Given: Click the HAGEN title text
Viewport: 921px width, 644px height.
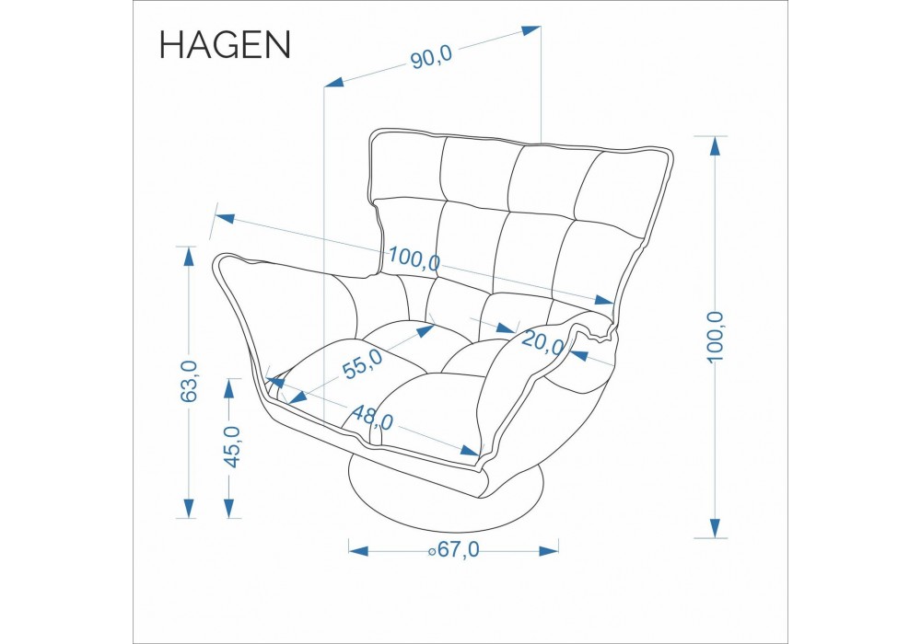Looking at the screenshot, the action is [x=225, y=44].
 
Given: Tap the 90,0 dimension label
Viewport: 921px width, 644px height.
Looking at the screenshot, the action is [x=431, y=57].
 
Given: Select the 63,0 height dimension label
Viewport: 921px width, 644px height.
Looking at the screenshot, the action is [x=189, y=381].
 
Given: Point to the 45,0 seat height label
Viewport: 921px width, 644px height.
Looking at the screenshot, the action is [x=233, y=447].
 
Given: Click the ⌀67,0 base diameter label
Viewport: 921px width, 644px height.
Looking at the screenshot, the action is [x=453, y=550].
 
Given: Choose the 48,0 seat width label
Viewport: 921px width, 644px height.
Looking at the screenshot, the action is [x=372, y=418].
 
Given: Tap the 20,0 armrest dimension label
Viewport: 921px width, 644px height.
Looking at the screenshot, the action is [x=542, y=342].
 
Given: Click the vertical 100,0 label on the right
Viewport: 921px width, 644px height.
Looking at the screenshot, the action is [x=716, y=337].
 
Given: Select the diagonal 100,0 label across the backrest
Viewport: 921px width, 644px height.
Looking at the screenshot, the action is [x=414, y=259].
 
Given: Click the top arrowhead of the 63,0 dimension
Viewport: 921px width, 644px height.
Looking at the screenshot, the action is [x=189, y=257].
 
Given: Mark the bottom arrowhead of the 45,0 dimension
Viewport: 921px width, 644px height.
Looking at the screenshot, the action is [x=229, y=508].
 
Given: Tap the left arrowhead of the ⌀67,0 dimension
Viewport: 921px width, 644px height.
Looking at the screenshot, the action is [x=358, y=551].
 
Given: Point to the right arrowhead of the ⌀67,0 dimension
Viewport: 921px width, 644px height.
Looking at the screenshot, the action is [x=549, y=551].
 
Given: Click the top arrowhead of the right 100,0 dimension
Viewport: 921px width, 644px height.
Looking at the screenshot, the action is [x=715, y=145].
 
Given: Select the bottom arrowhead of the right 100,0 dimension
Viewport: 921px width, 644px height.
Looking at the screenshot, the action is [x=715, y=528].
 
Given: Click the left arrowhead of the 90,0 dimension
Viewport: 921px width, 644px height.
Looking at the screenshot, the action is [x=334, y=82].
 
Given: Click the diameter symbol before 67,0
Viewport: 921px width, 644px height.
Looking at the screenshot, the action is [x=432, y=551].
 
